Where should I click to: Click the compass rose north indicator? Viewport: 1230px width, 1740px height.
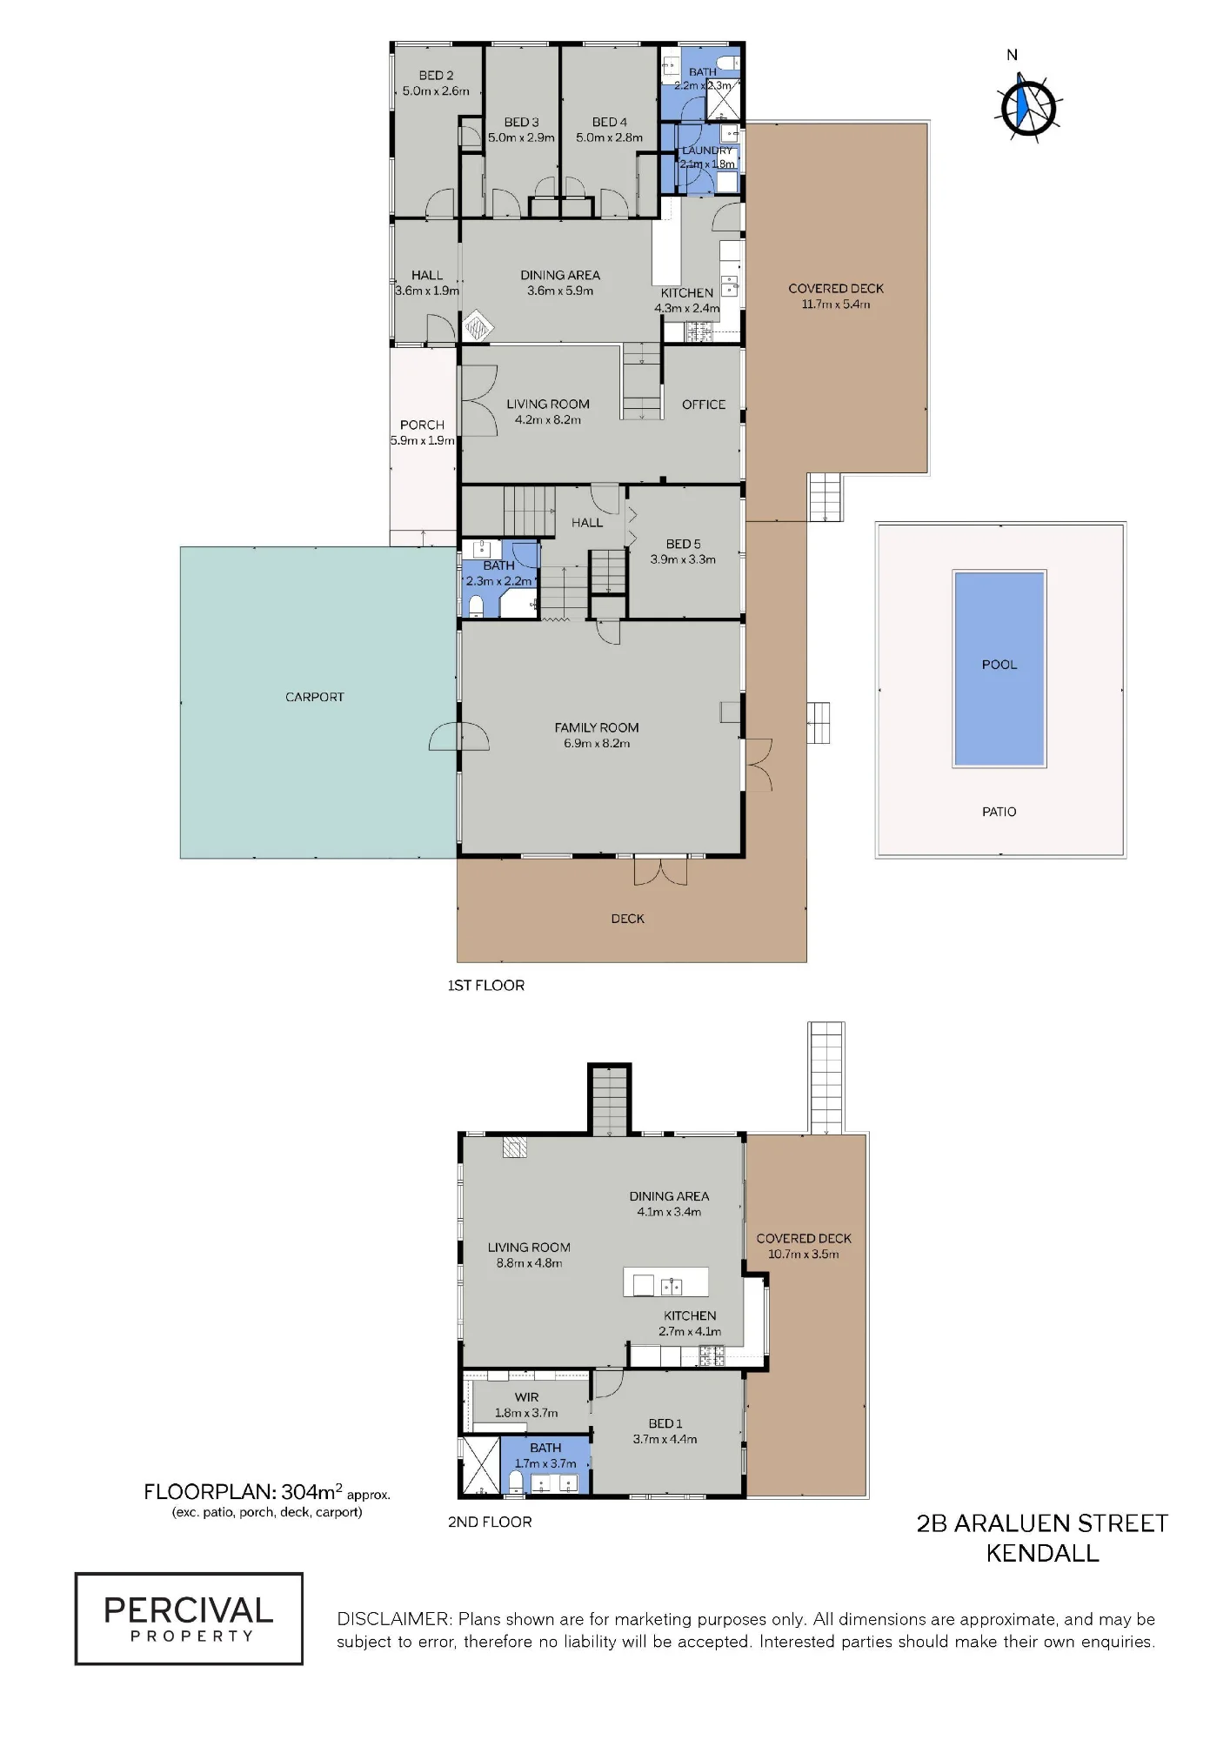tap(1027, 104)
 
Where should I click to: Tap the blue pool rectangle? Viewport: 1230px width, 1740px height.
tap(999, 668)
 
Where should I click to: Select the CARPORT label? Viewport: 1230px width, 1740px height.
tap(315, 697)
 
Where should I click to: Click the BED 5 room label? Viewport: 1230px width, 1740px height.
tap(683, 544)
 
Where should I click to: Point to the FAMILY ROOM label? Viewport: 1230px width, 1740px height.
tap(597, 727)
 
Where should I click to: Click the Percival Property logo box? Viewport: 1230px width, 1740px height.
tap(189, 1618)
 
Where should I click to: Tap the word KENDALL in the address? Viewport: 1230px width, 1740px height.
tap(1042, 1553)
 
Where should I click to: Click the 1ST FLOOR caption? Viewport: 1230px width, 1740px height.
tap(486, 985)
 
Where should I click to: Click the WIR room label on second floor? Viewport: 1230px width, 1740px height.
tap(526, 1397)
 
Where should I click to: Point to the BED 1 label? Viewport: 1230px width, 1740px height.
tap(665, 1423)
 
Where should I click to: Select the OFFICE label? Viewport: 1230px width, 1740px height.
tap(704, 405)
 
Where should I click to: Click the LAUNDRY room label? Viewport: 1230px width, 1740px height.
tap(707, 151)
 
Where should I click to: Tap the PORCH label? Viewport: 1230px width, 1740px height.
tap(422, 425)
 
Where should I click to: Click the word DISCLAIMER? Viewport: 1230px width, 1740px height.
tap(395, 1619)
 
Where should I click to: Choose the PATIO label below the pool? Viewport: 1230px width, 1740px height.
tap(999, 812)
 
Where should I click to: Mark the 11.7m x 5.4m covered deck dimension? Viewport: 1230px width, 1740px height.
tap(836, 304)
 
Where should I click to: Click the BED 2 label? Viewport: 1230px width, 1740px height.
tap(436, 76)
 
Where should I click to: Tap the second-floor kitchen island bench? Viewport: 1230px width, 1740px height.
tap(665, 1282)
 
